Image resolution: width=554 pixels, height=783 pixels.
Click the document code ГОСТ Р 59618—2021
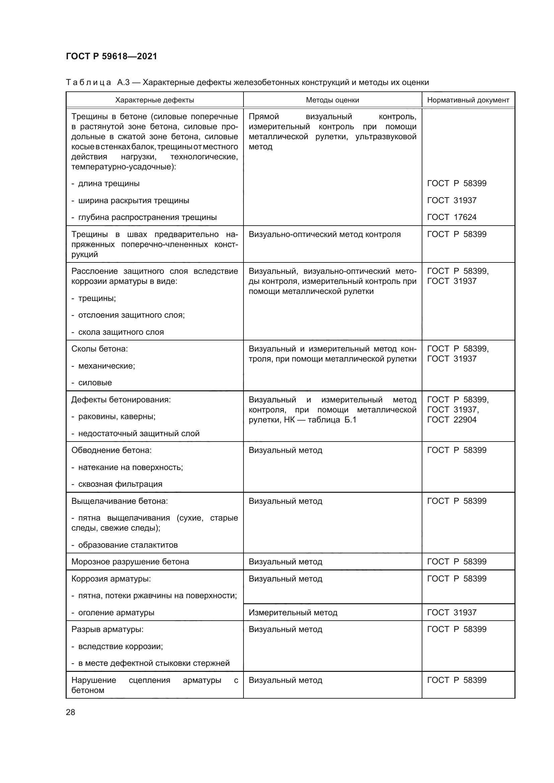(x=112, y=56)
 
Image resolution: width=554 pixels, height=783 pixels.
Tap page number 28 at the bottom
(x=71, y=712)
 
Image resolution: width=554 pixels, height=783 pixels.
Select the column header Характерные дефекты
(x=154, y=100)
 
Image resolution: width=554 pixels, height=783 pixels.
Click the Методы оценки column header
(x=332, y=100)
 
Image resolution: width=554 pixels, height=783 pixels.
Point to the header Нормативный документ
(x=468, y=100)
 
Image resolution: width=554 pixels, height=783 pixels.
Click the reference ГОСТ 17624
(x=452, y=217)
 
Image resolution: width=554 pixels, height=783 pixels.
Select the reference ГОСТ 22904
(x=452, y=419)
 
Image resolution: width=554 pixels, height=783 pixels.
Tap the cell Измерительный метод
(x=293, y=613)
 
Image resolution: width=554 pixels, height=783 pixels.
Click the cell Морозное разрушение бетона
(x=130, y=562)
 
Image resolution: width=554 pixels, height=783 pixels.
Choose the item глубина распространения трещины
(x=147, y=217)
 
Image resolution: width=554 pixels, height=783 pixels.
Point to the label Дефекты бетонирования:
(x=121, y=399)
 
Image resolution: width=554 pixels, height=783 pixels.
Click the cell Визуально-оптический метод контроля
(x=325, y=234)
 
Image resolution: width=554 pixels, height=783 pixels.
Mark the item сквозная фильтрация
(x=120, y=484)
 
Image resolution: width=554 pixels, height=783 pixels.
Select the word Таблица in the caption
(x=88, y=83)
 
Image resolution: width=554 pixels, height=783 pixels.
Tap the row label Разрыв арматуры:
(x=108, y=629)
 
